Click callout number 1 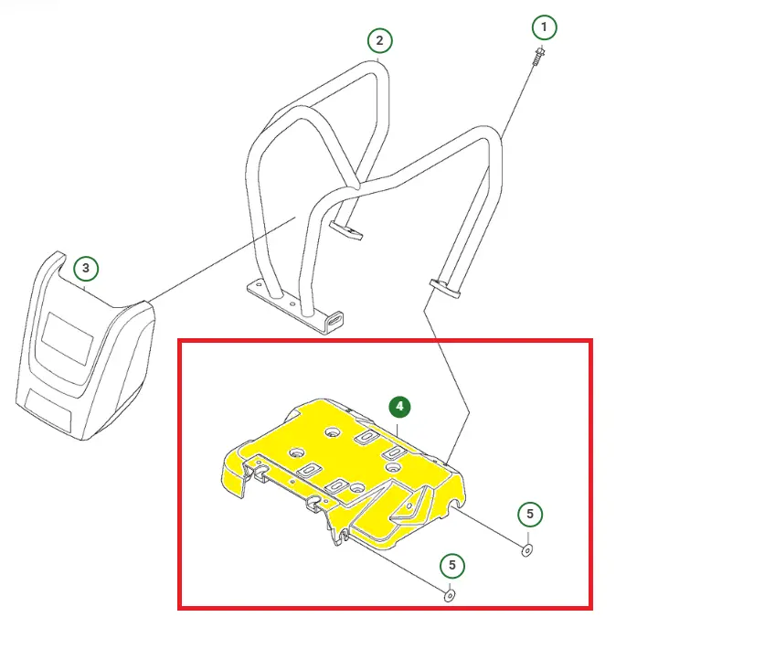point(544,27)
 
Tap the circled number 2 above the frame point(379,40)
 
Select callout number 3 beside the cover point(86,269)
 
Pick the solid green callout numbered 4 point(399,407)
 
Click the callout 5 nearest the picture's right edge point(530,514)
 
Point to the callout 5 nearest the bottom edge point(452,565)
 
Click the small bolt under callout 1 point(538,55)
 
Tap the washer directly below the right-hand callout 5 point(527,549)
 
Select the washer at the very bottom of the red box point(450,595)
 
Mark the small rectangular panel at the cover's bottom point(48,409)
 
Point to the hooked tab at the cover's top point(56,262)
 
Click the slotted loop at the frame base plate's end point(335,320)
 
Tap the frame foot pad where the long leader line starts point(445,289)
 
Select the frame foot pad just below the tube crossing point(345,230)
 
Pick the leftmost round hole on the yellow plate point(298,452)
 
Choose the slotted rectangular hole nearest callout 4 point(366,436)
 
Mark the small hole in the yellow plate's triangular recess point(409,506)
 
